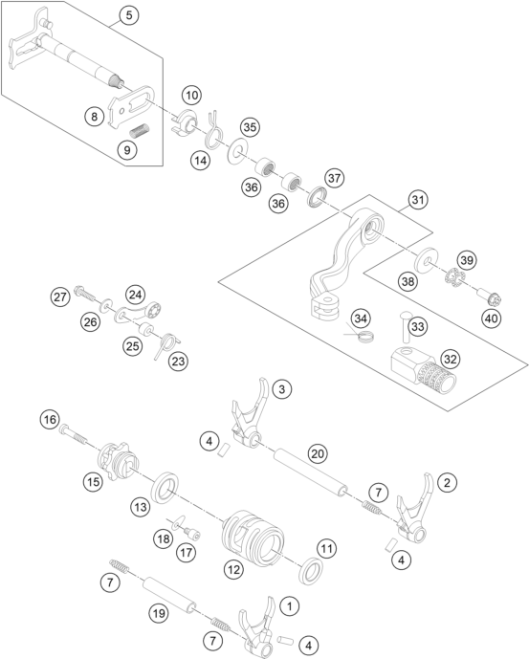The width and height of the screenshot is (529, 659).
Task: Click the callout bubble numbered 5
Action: click(129, 15)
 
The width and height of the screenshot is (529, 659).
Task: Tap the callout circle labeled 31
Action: click(418, 200)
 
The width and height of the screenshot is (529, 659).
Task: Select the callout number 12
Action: click(233, 569)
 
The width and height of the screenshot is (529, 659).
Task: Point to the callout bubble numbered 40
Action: click(491, 319)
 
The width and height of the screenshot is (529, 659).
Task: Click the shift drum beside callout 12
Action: click(253, 534)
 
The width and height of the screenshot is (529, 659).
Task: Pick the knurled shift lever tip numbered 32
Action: click(424, 372)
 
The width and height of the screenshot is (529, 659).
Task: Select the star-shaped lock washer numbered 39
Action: click(455, 278)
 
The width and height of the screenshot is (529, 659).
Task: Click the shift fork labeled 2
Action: click(415, 509)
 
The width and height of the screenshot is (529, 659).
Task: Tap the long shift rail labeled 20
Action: click(312, 472)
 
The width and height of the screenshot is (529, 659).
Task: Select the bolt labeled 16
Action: click(74, 433)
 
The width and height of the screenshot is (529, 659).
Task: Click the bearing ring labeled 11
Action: click(311, 570)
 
